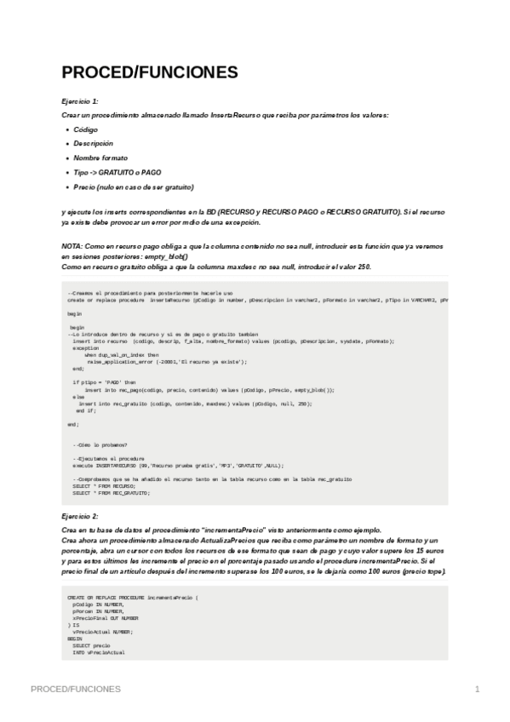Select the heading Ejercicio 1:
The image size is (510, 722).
(x=80, y=100)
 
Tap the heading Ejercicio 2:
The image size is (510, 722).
(x=80, y=516)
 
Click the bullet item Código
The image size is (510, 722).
(x=85, y=129)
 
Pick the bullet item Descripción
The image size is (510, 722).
(x=93, y=143)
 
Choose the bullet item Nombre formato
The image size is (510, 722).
(x=100, y=158)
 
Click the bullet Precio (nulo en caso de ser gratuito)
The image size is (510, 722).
(x=134, y=186)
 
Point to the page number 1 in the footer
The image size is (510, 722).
(x=478, y=688)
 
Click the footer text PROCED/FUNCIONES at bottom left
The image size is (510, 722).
(x=75, y=688)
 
